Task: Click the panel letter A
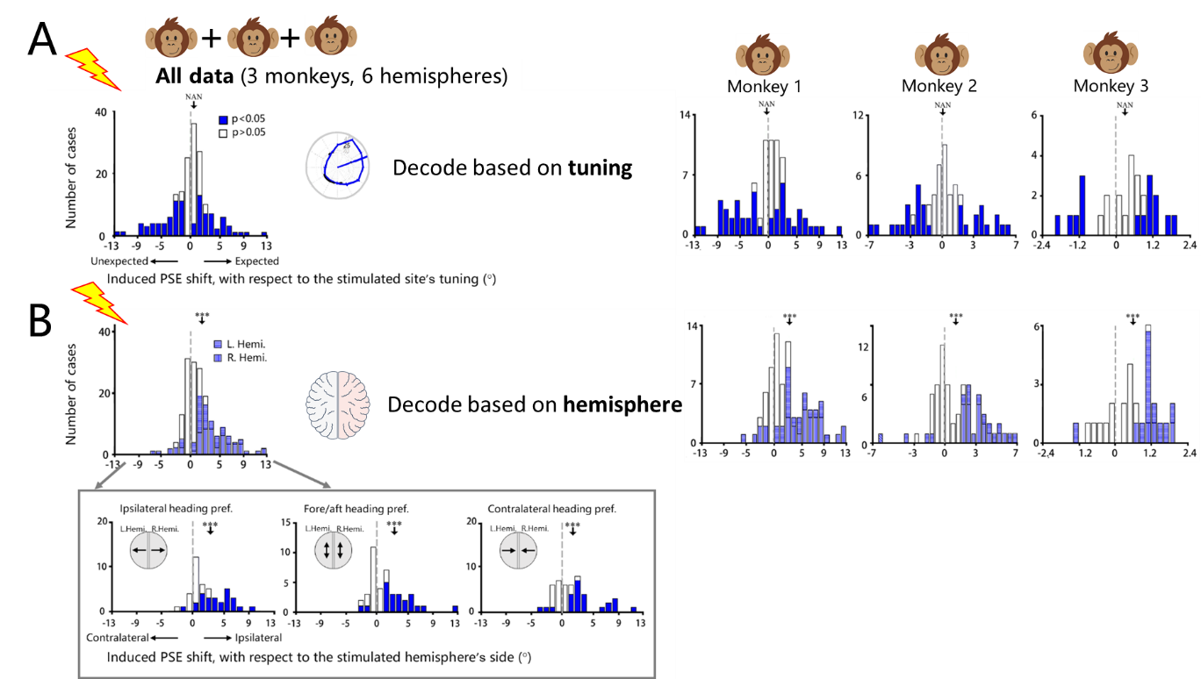(42, 39)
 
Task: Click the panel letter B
(40, 321)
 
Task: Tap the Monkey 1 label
(764, 86)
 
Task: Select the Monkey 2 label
(939, 86)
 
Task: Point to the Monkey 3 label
(1111, 86)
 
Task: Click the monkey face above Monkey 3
(1111, 53)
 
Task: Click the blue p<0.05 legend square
(223, 119)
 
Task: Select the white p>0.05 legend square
(223, 133)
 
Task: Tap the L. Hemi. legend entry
(240, 344)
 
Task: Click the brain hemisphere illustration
(337, 405)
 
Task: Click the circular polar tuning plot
(337, 166)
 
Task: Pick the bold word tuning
(600, 168)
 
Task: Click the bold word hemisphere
(622, 404)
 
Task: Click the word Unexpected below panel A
(119, 261)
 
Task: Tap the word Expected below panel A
(257, 261)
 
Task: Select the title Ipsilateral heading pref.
(176, 508)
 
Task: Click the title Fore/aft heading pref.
(356, 508)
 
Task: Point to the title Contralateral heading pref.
(551, 508)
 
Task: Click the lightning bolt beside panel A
(94, 69)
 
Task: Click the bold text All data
(195, 76)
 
